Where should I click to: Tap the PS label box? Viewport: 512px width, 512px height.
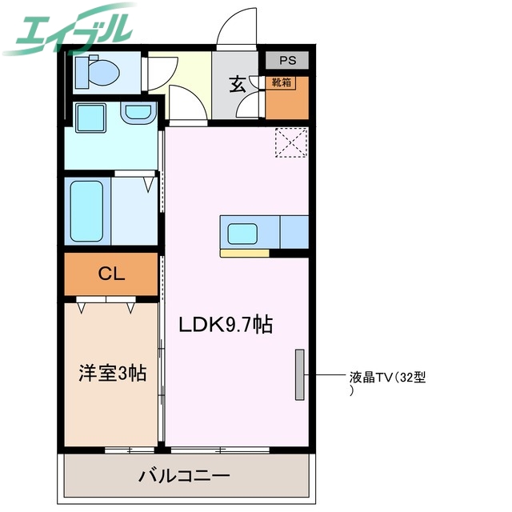pos(286,60)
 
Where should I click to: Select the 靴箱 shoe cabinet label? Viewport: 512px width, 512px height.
pos(281,82)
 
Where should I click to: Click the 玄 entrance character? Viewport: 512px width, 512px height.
pos(238,84)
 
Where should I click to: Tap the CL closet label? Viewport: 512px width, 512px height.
pos(111,274)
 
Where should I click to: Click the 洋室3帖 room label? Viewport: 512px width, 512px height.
pos(111,372)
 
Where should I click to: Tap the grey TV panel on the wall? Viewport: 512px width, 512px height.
pos(300,374)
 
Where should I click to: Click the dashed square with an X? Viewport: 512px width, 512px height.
pos(290,143)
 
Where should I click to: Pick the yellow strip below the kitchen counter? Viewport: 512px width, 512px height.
pos(245,254)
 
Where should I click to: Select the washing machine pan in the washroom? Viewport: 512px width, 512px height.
pos(90,118)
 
